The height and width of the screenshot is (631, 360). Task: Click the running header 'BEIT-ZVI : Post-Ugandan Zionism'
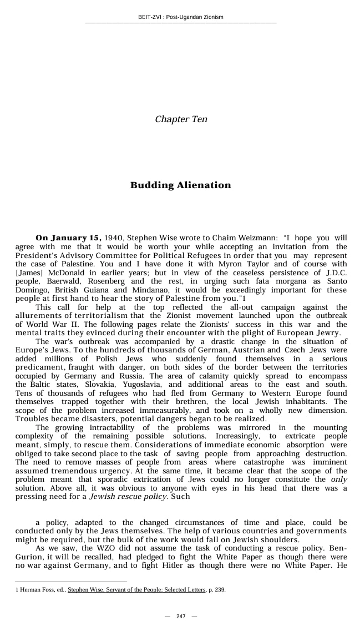click(180, 17)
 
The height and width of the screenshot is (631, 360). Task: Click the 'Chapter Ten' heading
click(181, 119)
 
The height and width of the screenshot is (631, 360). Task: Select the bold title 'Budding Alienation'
click(180, 185)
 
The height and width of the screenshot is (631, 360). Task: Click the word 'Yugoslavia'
click(139, 384)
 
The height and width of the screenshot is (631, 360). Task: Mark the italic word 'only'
click(338, 479)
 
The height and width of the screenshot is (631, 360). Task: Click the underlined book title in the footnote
click(136, 590)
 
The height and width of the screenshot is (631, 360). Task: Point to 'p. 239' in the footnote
click(216, 590)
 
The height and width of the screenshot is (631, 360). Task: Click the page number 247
click(180, 617)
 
